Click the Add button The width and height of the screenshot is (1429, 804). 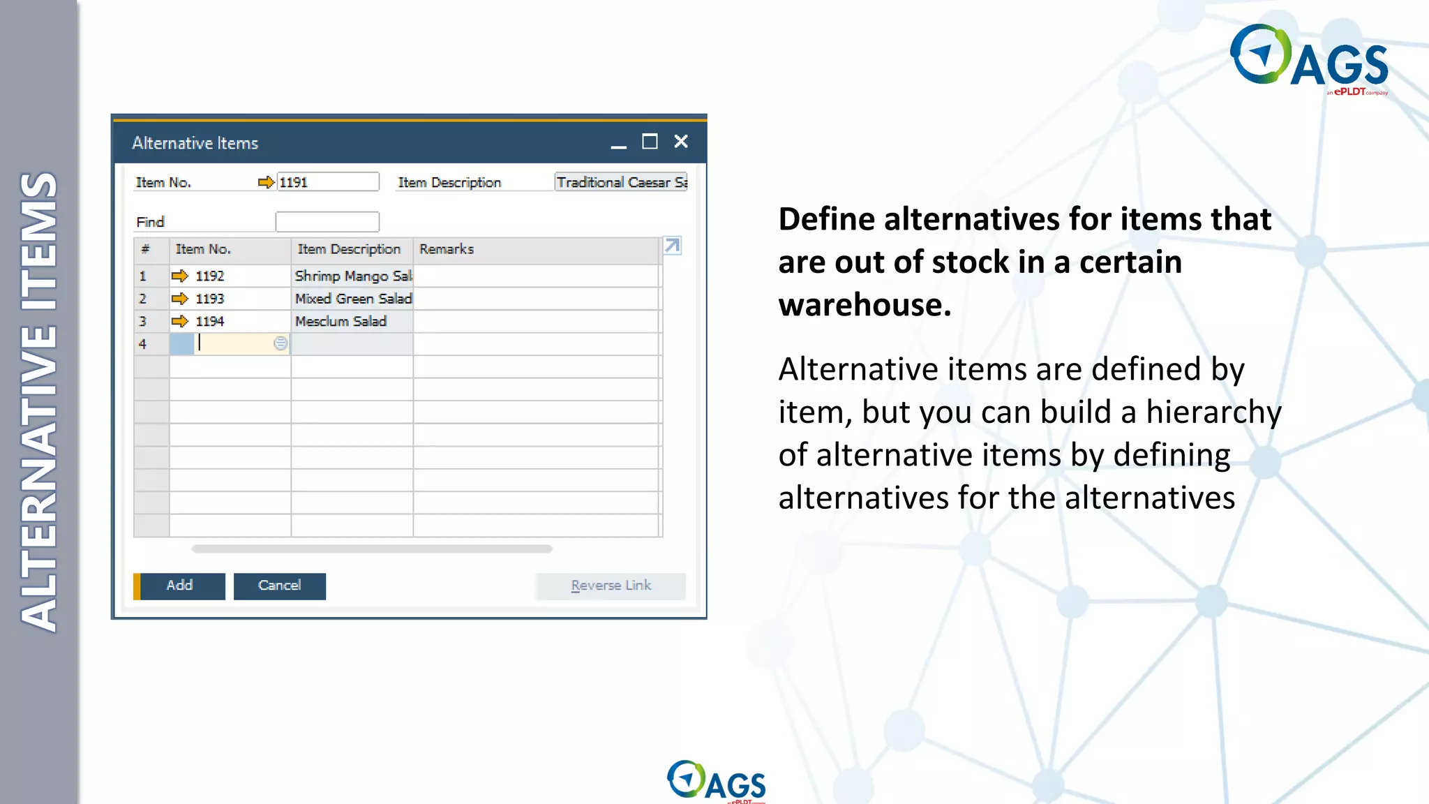180,586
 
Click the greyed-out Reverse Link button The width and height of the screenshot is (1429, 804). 611,586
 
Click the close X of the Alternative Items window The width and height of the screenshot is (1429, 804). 681,142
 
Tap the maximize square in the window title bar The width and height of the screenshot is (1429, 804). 650,142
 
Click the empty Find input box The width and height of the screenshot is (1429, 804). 327,222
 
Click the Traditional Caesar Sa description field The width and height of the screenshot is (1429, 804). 620,182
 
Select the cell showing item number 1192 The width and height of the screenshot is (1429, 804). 209,276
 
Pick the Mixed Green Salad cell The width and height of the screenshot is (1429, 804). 352,299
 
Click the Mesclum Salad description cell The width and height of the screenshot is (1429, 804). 341,321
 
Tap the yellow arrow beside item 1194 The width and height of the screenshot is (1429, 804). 179,321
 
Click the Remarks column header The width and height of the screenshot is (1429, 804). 447,249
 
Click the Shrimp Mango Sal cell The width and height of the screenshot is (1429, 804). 352,276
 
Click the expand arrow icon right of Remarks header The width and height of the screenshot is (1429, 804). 672,246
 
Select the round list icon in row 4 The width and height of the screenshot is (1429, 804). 280,343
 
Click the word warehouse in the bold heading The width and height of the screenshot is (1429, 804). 864,305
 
